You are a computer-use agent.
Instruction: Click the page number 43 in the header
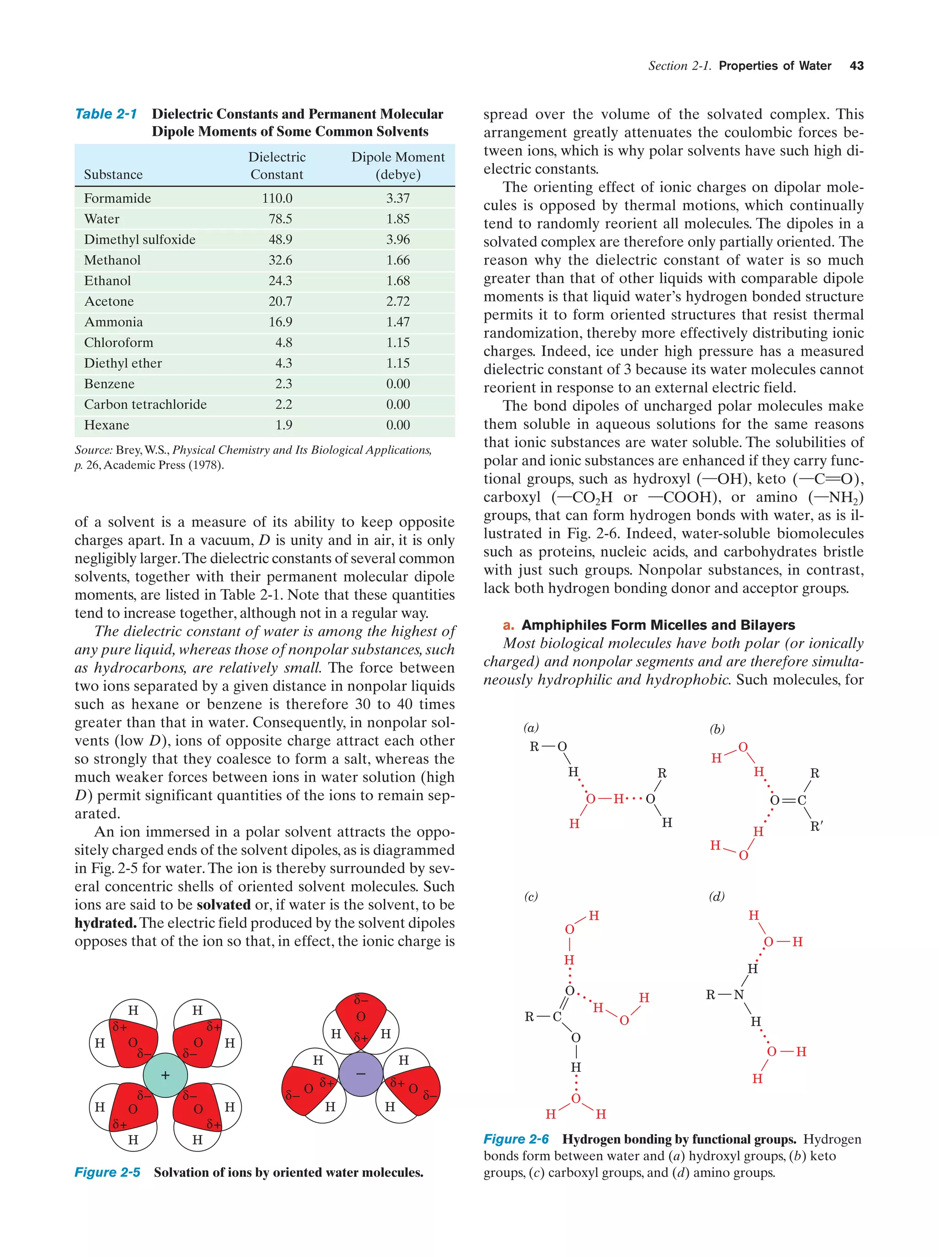pyautogui.click(x=856, y=66)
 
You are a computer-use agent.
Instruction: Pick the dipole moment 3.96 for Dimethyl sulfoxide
pyautogui.click(x=398, y=240)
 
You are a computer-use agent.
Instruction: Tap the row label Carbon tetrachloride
pyautogui.click(x=145, y=404)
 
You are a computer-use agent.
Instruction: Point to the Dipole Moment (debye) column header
pyautogui.click(x=398, y=166)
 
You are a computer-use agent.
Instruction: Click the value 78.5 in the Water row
pyautogui.click(x=280, y=219)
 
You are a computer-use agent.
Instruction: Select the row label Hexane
pyautogui.click(x=107, y=425)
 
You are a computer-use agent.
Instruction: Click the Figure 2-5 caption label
pyautogui.click(x=107, y=1172)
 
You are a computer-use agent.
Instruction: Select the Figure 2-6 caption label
pyautogui.click(x=516, y=1139)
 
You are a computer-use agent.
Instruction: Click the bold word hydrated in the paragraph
pyautogui.click(x=105, y=923)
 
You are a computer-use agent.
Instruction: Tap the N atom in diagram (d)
pyautogui.click(x=739, y=995)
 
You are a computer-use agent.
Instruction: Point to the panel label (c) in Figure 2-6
pyautogui.click(x=530, y=896)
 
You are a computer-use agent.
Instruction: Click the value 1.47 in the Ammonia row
pyautogui.click(x=398, y=322)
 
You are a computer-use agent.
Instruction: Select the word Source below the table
pyautogui.click(x=93, y=450)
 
